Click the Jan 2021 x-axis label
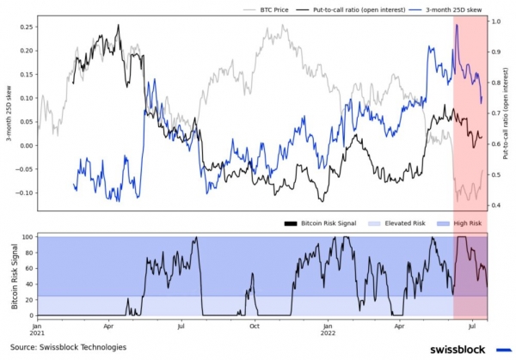point(37,332)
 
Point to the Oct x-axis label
point(254,327)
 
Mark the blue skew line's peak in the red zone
point(457,26)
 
